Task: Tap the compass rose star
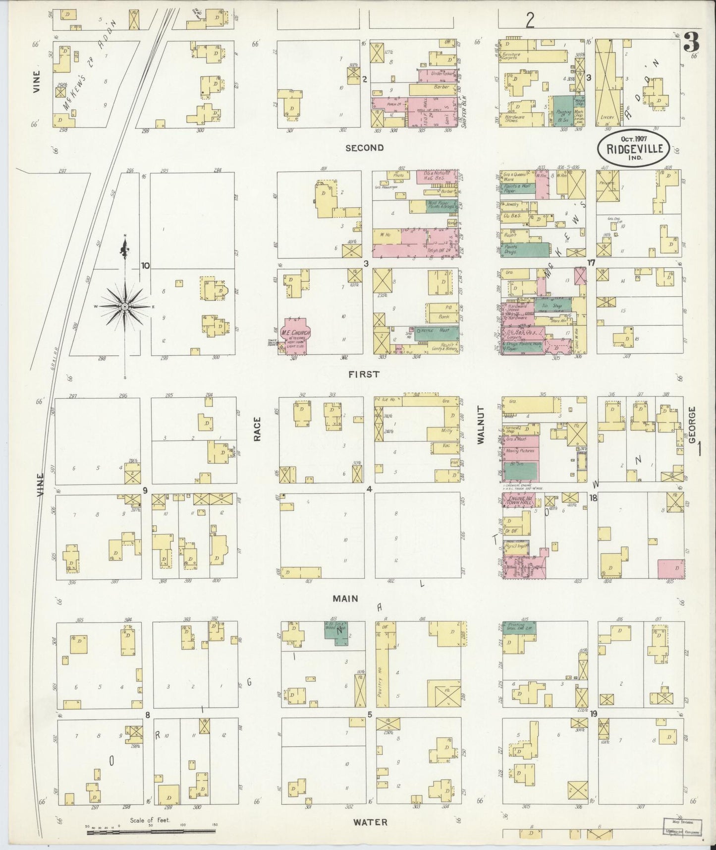tap(125, 307)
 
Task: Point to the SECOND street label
tap(365, 147)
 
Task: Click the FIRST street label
tap(364, 374)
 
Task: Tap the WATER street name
tap(370, 822)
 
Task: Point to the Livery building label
tap(608, 117)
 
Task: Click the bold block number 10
tap(145, 265)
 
